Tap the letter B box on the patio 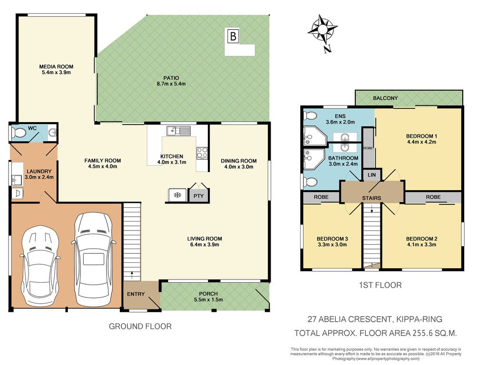click(x=233, y=36)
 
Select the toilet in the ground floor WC click(x=19, y=133)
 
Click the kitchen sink click(x=179, y=131)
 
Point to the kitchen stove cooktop click(x=202, y=153)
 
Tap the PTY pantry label click(x=198, y=196)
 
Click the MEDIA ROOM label click(x=56, y=67)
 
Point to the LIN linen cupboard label click(x=372, y=175)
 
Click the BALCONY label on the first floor click(x=385, y=98)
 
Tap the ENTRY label click(x=136, y=294)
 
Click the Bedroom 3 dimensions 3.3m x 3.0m click(x=332, y=245)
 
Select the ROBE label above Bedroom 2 click(x=433, y=197)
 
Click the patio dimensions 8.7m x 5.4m click(x=171, y=84)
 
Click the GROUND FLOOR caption click(x=140, y=327)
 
